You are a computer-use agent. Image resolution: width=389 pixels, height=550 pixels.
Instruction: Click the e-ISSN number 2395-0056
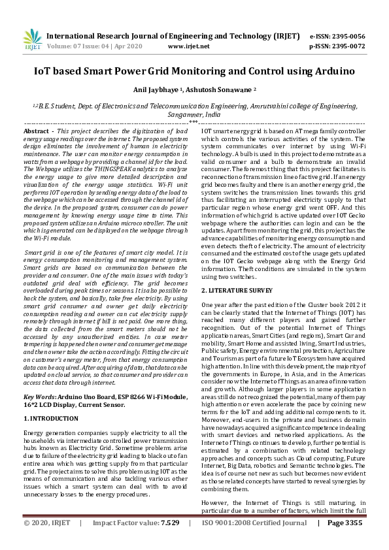pos(347,37)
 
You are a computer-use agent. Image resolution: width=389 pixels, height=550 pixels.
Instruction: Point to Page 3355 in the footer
pos(345,542)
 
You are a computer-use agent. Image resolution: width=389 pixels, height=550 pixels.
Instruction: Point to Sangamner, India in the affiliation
pos(194,113)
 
